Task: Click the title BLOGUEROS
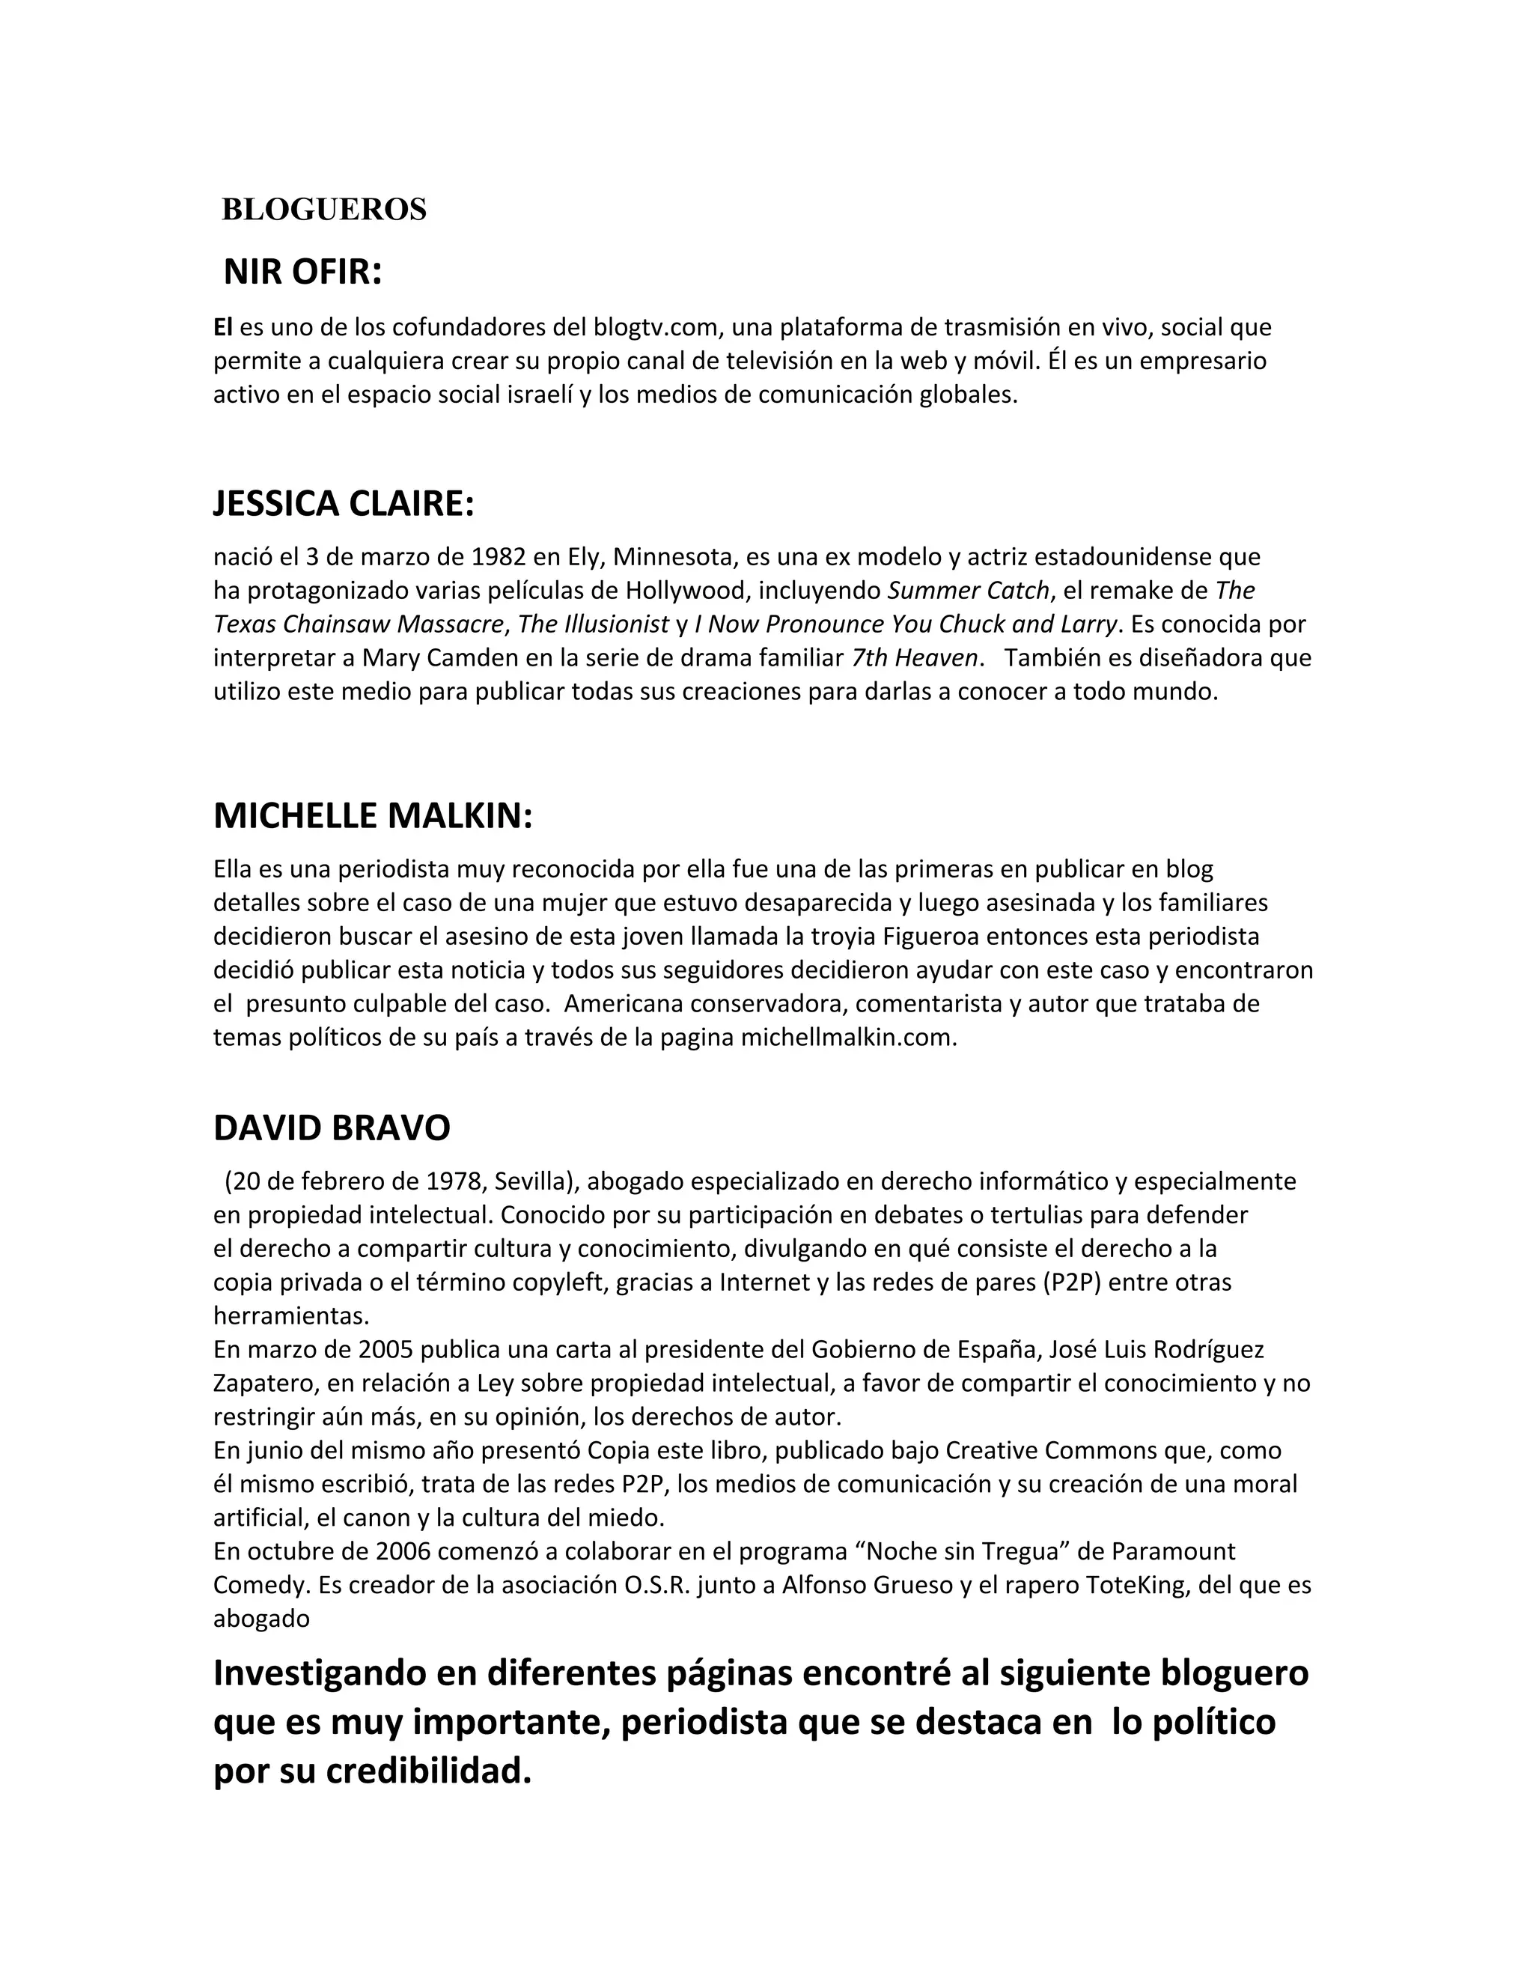(323, 210)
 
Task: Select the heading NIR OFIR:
(302, 272)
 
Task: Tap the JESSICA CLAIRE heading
(344, 503)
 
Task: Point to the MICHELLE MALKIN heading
(372, 816)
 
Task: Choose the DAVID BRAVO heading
(332, 1128)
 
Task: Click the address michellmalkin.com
(847, 1038)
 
